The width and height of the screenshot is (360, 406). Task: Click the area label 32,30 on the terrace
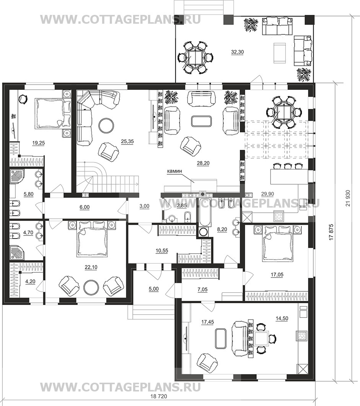pos(237,52)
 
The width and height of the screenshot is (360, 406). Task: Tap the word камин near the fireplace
pos(174,171)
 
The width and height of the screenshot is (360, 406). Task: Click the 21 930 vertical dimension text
pos(348,198)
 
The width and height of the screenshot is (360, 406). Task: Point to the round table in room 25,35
pos(106,125)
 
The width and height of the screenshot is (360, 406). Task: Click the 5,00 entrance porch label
pos(154,289)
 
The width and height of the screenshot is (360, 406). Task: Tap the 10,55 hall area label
pos(162,251)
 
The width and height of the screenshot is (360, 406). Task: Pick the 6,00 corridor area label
pos(85,207)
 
